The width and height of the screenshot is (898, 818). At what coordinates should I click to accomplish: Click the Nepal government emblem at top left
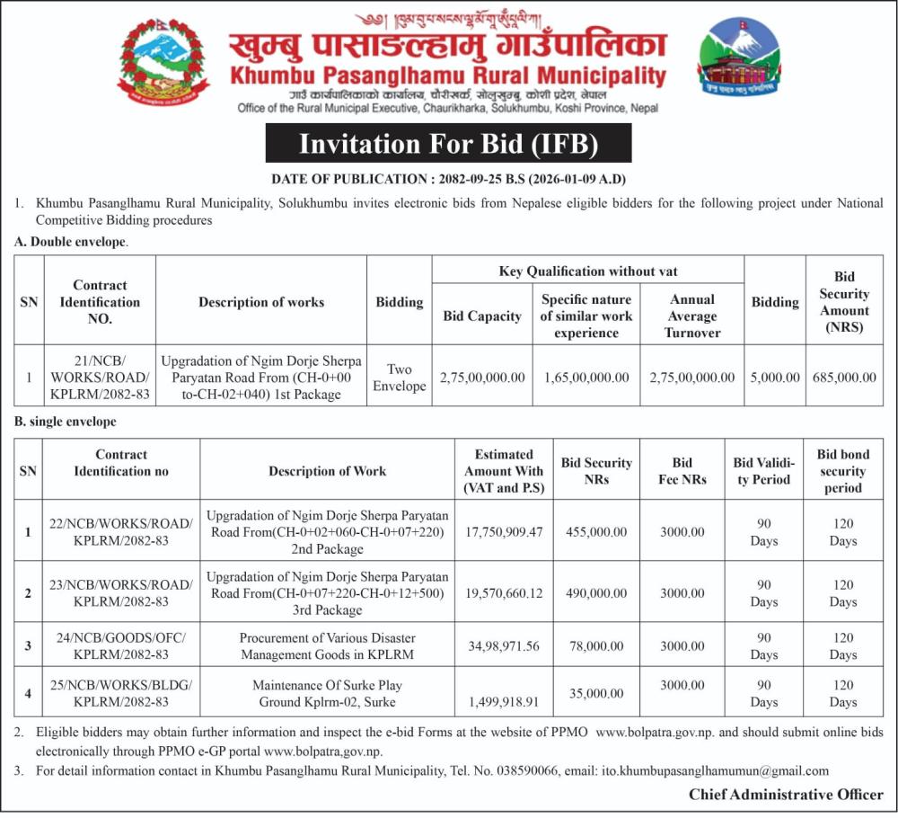[163, 61]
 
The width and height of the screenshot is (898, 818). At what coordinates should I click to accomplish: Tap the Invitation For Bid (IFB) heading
[448, 144]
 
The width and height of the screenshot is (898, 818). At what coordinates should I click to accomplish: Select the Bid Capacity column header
[482, 316]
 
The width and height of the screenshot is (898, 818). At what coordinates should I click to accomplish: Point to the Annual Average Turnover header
[692, 316]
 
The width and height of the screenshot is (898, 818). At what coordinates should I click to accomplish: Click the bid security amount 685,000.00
[844, 378]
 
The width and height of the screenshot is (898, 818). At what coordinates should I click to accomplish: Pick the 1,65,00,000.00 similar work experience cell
[586, 378]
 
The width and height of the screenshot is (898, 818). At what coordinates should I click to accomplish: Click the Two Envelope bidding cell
[400, 378]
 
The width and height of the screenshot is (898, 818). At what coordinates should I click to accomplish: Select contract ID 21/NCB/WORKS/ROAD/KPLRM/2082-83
[100, 378]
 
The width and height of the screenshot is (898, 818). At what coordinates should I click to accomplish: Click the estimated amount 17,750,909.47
[504, 532]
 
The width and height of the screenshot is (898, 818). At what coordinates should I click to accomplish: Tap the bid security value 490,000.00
[596, 593]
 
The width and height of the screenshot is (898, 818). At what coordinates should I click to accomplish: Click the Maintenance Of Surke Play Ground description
[327, 693]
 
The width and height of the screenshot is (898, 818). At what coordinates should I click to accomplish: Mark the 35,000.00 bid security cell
[596, 693]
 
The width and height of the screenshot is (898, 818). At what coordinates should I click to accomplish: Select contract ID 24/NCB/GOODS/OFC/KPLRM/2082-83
[120, 646]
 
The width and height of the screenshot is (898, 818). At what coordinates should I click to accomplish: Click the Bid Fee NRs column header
[682, 471]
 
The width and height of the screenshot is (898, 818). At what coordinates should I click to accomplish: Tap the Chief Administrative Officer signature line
[786, 795]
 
